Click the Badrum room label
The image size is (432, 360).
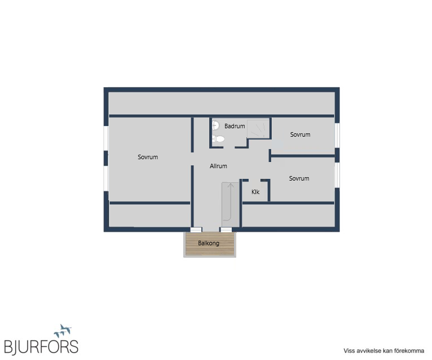(x=235, y=126)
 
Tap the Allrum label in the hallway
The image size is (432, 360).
(x=218, y=166)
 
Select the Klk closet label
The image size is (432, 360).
(x=255, y=192)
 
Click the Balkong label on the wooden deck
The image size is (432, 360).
(x=209, y=243)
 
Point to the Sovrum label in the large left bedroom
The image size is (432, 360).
(x=148, y=157)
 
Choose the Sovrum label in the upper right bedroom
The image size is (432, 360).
(x=300, y=134)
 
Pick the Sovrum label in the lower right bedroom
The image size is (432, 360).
(x=299, y=178)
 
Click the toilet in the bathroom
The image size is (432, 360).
(x=218, y=139)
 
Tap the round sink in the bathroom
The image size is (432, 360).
(x=215, y=125)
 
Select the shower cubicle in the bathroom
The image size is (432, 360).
(x=258, y=129)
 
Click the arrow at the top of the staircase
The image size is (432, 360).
(x=231, y=186)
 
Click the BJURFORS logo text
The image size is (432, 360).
(x=41, y=346)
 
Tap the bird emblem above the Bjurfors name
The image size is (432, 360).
(x=63, y=331)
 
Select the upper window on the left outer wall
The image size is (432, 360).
(x=106, y=138)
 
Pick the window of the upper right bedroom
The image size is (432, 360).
(x=337, y=136)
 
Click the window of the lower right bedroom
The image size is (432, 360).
(x=337, y=175)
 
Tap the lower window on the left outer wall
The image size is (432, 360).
(x=106, y=178)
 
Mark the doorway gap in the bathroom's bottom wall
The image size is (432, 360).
(x=229, y=147)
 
